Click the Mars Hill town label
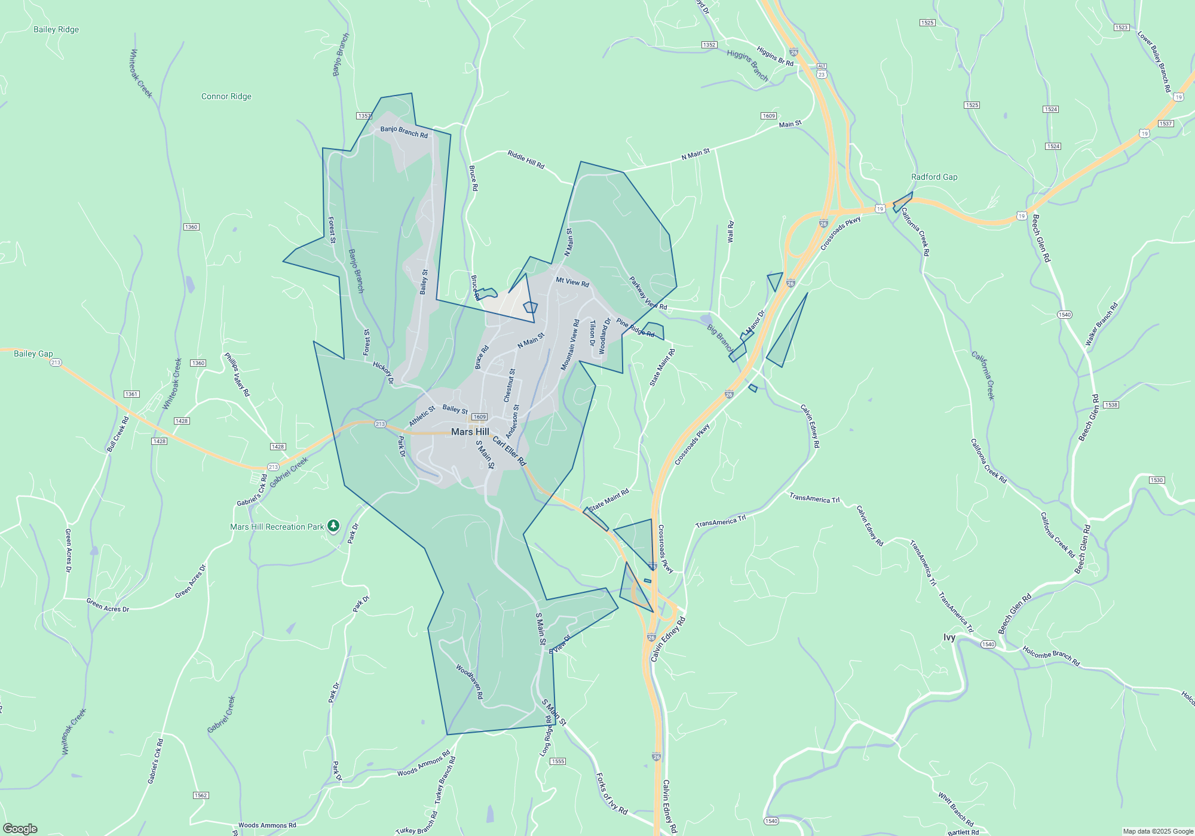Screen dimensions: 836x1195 click(x=470, y=432)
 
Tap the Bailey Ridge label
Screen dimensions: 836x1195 click(x=56, y=29)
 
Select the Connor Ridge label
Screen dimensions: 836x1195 click(x=226, y=96)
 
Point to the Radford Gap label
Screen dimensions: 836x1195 click(x=934, y=177)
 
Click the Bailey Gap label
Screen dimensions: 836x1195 click(x=33, y=354)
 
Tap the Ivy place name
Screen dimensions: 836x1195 click(x=949, y=637)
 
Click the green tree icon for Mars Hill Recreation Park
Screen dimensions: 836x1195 click(x=333, y=526)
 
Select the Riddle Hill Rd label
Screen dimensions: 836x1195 click(x=526, y=159)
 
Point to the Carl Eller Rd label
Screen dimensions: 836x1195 click(x=509, y=451)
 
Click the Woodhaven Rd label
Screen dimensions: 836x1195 click(x=470, y=681)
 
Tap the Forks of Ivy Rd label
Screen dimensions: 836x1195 click(x=612, y=794)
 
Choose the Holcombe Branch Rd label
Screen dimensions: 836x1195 click(x=1051, y=656)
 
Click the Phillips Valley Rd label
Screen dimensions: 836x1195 click(x=237, y=374)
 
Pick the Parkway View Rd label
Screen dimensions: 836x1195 click(x=648, y=293)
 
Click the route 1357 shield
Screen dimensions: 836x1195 click(x=364, y=116)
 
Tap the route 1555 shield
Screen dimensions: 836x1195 click(x=557, y=761)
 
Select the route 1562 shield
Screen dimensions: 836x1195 click(x=201, y=795)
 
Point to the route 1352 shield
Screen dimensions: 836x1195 click(x=709, y=45)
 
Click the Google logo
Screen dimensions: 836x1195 click(x=20, y=828)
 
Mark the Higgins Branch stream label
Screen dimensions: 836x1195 click(x=747, y=65)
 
